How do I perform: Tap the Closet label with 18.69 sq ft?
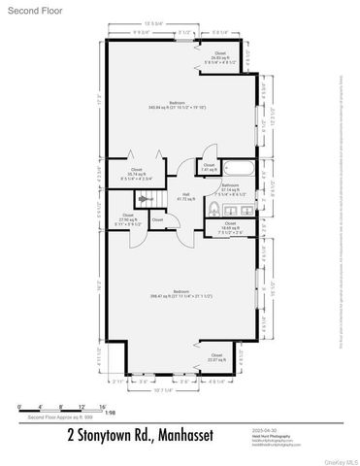coord(229,227)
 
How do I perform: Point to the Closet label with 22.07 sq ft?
coord(216,357)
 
